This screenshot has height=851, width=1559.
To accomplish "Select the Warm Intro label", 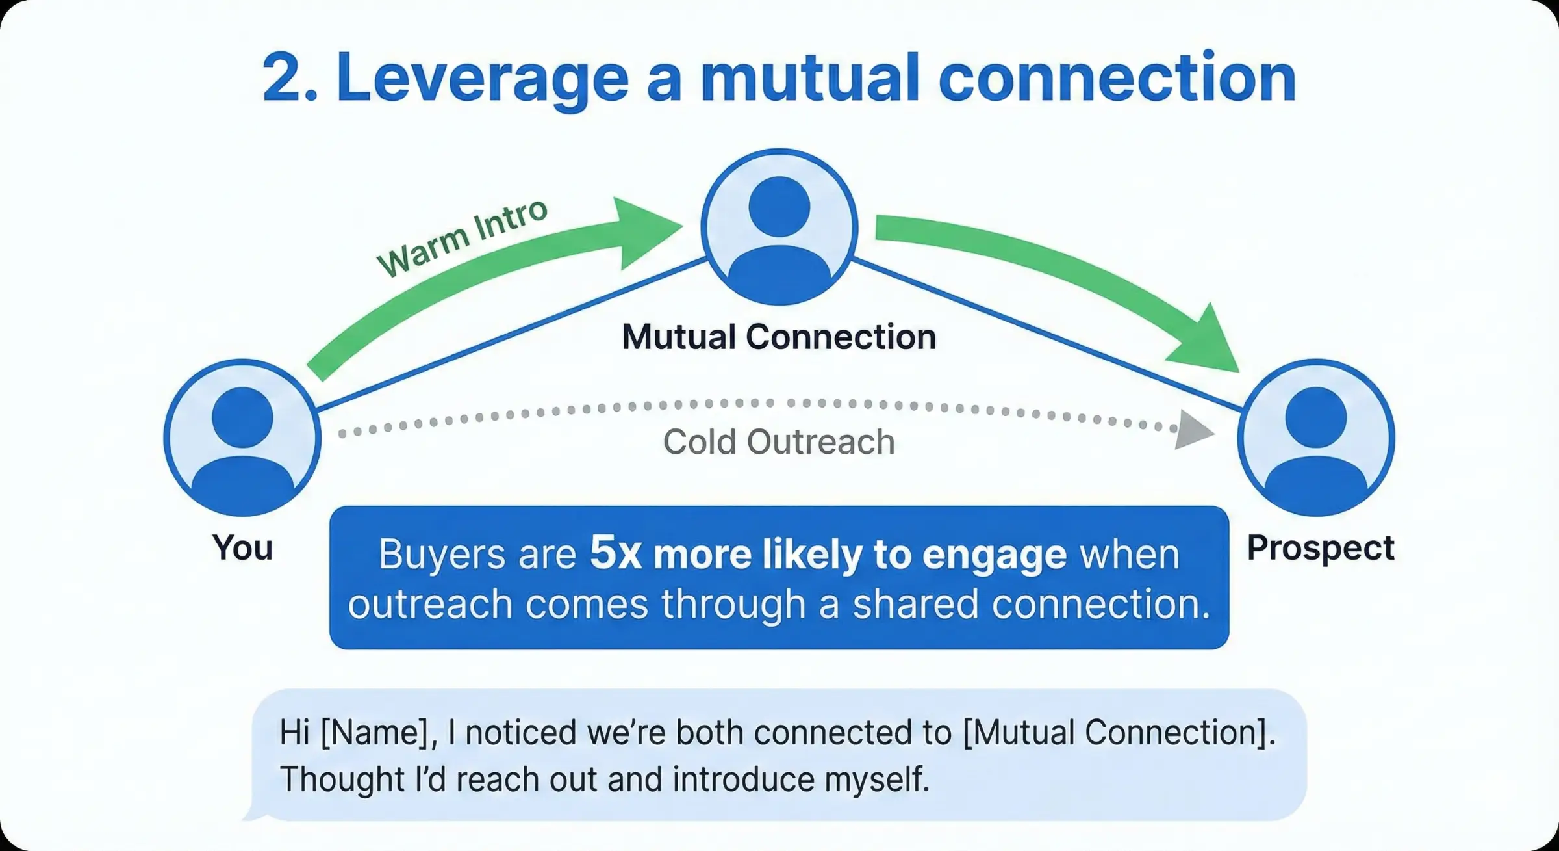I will click(x=463, y=238).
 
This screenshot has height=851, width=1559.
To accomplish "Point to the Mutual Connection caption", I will click(x=779, y=337).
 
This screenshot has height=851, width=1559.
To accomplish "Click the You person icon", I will click(x=242, y=438).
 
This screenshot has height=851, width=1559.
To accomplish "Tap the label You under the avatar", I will click(x=242, y=547).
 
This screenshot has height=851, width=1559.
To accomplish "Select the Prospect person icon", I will click(x=1316, y=438).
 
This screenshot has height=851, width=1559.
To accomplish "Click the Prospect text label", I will click(x=1320, y=547).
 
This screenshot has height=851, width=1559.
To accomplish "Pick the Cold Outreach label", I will click(x=779, y=442).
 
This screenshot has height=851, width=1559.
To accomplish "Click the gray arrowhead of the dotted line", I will click(x=1194, y=429).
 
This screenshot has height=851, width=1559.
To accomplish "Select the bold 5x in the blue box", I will click(x=616, y=554).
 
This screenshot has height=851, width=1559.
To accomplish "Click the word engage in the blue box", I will click(x=994, y=555).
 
